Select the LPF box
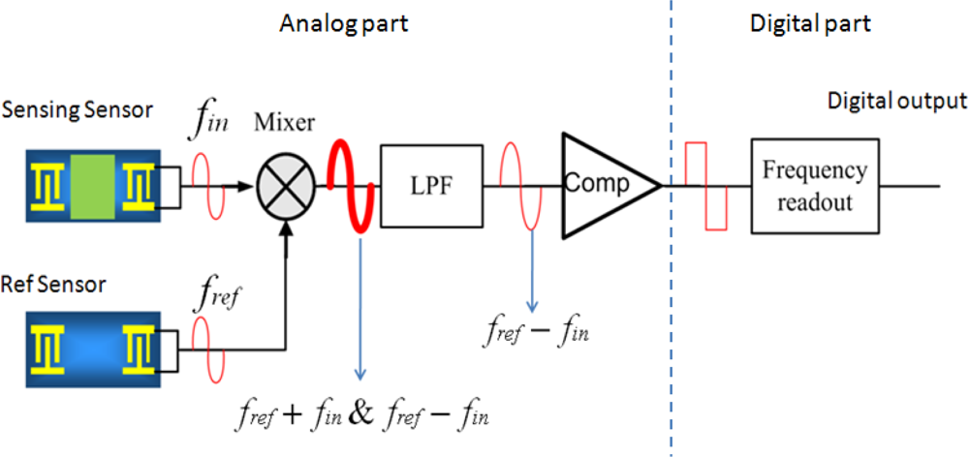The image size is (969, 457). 431,185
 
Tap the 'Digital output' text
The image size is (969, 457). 896,101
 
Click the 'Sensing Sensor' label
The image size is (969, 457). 78,109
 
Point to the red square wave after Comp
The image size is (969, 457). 705,185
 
